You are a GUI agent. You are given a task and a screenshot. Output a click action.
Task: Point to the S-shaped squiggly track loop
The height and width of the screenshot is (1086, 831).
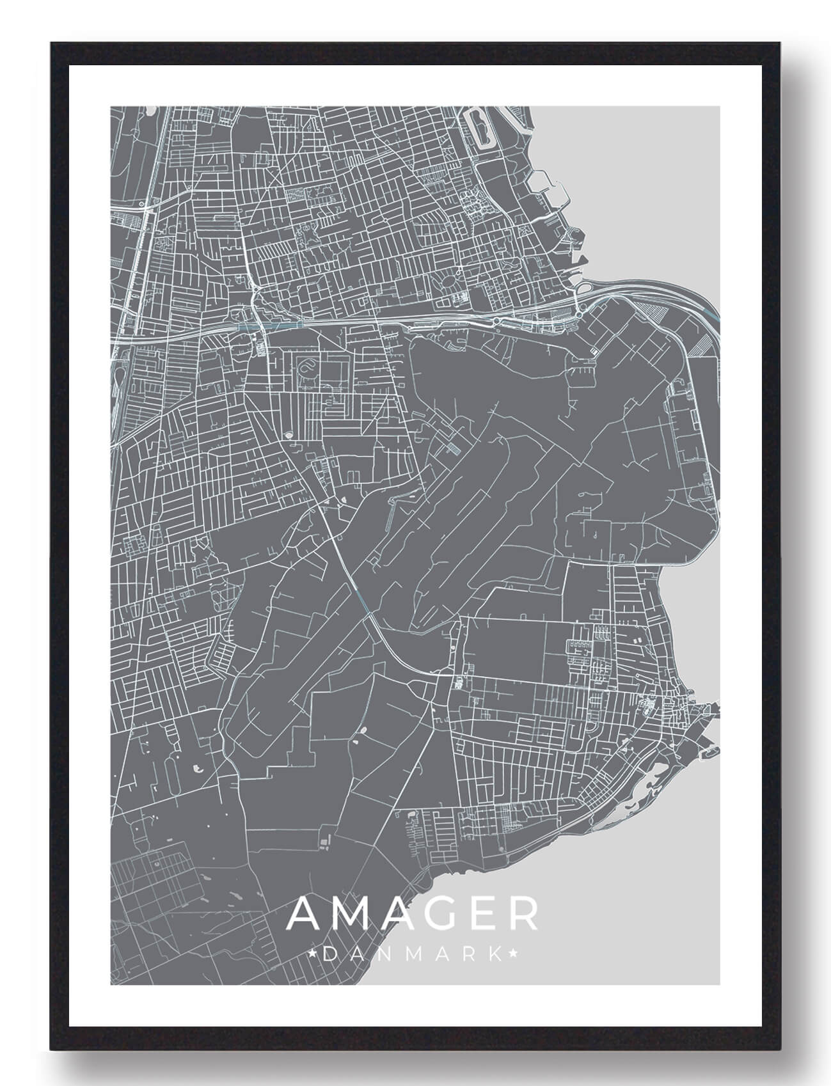click(308, 367)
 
